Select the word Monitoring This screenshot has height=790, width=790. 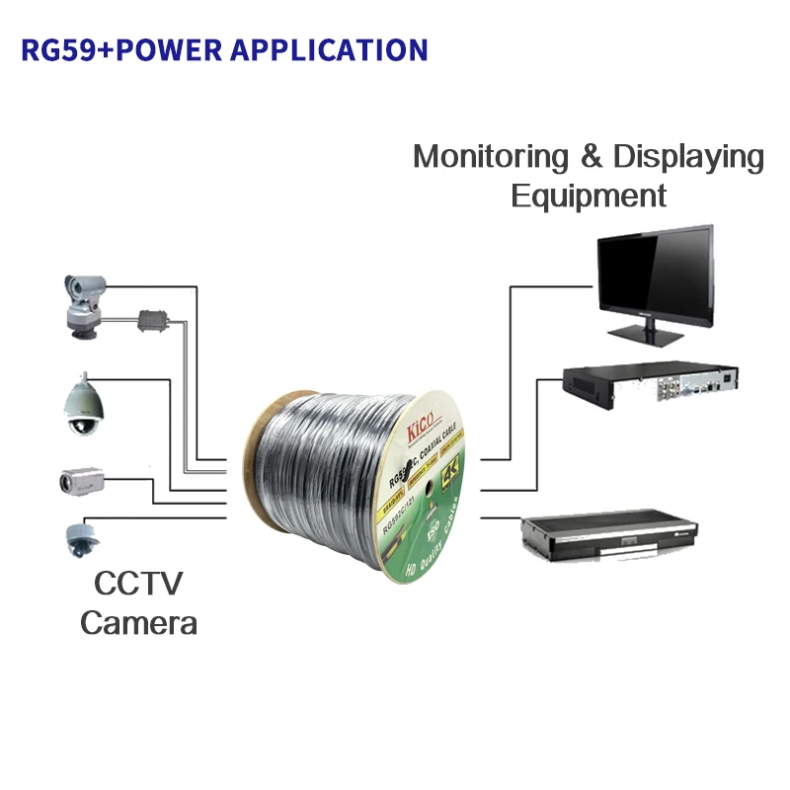[x=491, y=157]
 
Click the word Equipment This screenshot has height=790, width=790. [x=589, y=196]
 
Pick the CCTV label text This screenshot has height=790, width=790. [x=138, y=584]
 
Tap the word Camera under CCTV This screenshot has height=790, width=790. [x=138, y=623]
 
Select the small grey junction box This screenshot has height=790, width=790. [x=155, y=321]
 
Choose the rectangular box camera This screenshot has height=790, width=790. [x=81, y=481]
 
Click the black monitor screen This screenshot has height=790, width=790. [x=654, y=276]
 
